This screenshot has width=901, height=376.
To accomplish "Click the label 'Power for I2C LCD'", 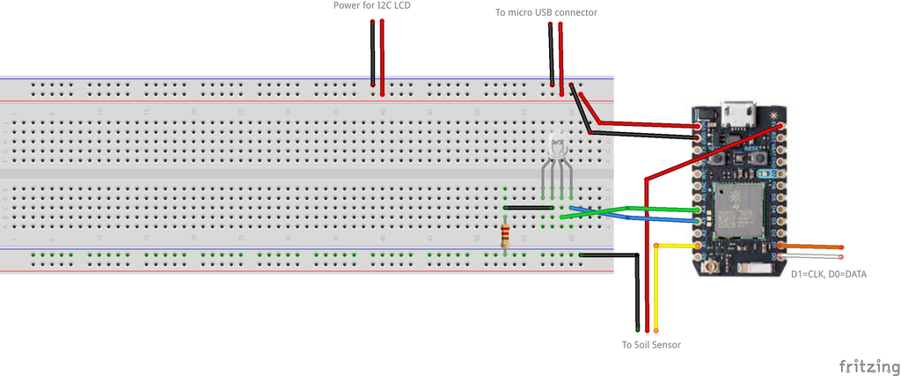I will [x=371, y=6].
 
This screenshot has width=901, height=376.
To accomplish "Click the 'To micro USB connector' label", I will [x=547, y=12].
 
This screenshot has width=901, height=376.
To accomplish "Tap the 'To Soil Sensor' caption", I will [x=651, y=344].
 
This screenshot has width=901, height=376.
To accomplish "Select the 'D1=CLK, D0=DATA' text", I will [x=828, y=275].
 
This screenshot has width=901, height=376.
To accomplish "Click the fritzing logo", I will [x=868, y=365].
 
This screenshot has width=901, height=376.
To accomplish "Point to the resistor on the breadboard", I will [x=505, y=235].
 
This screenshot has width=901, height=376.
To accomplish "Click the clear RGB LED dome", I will [x=557, y=147].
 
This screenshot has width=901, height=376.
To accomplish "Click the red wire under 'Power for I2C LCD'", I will [x=382, y=53].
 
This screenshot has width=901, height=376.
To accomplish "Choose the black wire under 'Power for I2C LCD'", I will [x=373, y=53].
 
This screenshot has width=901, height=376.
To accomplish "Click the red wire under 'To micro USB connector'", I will [x=560, y=53].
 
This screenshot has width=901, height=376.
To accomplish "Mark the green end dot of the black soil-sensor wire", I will [x=636, y=328].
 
